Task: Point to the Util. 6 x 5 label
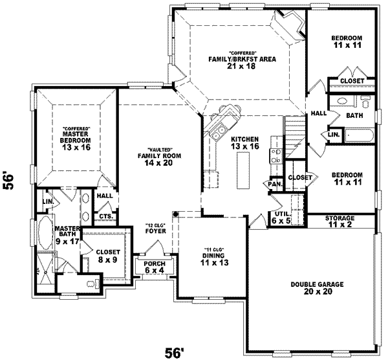pyautogui.click(x=282, y=217)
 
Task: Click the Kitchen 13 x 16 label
pyautogui.click(x=245, y=143)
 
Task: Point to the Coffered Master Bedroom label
pyautogui.click(x=76, y=138)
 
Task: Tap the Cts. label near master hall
pyautogui.click(x=105, y=217)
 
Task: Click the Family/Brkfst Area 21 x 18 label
pyautogui.click(x=242, y=62)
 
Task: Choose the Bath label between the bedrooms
pyautogui.click(x=354, y=116)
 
